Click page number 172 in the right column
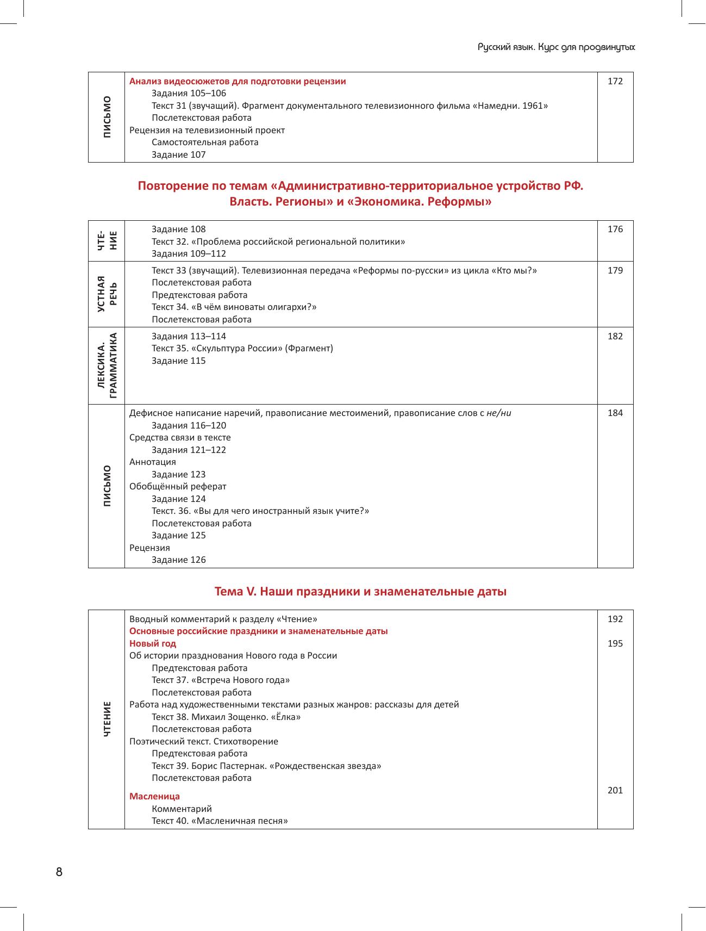click(x=615, y=82)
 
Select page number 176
click(x=615, y=229)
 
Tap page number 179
click(x=615, y=271)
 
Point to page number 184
click(x=615, y=413)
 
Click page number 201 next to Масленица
click(x=615, y=791)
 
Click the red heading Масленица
click(x=154, y=797)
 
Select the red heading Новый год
click(x=153, y=644)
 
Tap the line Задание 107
click(x=178, y=155)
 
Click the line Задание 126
click(x=178, y=560)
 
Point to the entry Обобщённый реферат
click(x=178, y=487)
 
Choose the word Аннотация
click(x=153, y=462)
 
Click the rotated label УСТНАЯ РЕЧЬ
click(x=107, y=294)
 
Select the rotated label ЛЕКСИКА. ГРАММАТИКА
click(x=107, y=365)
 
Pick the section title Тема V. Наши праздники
click(x=360, y=592)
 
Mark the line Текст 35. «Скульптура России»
click(x=242, y=349)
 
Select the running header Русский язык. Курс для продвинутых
click(x=556, y=47)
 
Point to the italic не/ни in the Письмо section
click(x=498, y=413)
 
